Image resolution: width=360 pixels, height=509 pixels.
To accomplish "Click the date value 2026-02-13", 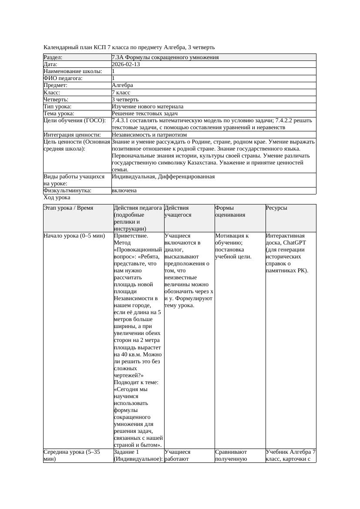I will tap(126, 64).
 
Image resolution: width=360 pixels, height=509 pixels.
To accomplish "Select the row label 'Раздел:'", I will tap(53, 57).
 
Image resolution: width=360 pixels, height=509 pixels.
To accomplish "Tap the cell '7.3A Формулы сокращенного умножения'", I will tap(165, 57).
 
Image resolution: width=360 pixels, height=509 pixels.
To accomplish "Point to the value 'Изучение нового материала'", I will tap(148, 107).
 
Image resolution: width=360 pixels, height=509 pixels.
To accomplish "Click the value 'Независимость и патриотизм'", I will tap(149, 135).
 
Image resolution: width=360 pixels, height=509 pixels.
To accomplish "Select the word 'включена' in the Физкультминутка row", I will tap(124, 191).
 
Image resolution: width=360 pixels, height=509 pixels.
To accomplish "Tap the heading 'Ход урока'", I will tap(57, 198).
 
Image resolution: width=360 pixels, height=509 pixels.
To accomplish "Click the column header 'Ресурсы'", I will tap(276, 208).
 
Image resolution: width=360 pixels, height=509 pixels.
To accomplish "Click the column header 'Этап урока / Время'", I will tap(68, 208).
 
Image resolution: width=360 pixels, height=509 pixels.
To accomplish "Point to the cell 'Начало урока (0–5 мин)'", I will tap(74, 236).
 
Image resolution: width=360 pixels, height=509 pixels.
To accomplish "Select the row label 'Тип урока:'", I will tap(57, 107).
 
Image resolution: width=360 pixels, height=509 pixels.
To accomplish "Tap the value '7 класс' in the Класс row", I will tap(121, 93).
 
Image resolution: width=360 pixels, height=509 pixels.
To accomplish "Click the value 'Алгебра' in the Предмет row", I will tap(122, 85).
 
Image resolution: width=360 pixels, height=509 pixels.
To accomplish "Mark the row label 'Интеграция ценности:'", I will tap(72, 135).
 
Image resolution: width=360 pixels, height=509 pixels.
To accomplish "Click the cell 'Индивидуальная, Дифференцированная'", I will tap(163, 177).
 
